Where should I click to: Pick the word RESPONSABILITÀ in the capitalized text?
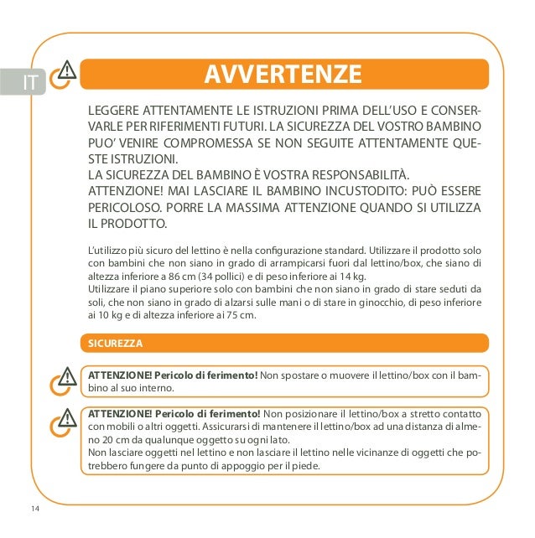(361, 174)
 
